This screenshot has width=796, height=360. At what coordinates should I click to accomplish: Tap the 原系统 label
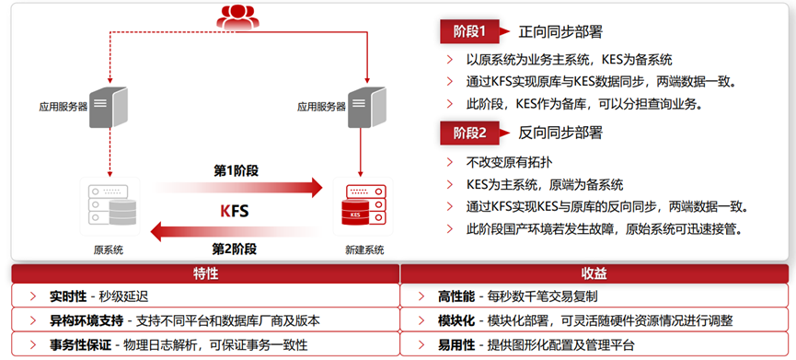[108, 250]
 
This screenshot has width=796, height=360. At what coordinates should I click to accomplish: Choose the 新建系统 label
[360, 250]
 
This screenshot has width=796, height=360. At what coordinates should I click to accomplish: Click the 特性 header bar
[205, 273]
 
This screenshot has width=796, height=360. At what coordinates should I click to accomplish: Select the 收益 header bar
[594, 273]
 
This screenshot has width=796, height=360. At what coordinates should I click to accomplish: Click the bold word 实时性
[68, 296]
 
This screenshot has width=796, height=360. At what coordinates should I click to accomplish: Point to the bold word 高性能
[456, 296]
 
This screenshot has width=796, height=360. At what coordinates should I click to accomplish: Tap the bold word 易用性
[456, 343]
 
